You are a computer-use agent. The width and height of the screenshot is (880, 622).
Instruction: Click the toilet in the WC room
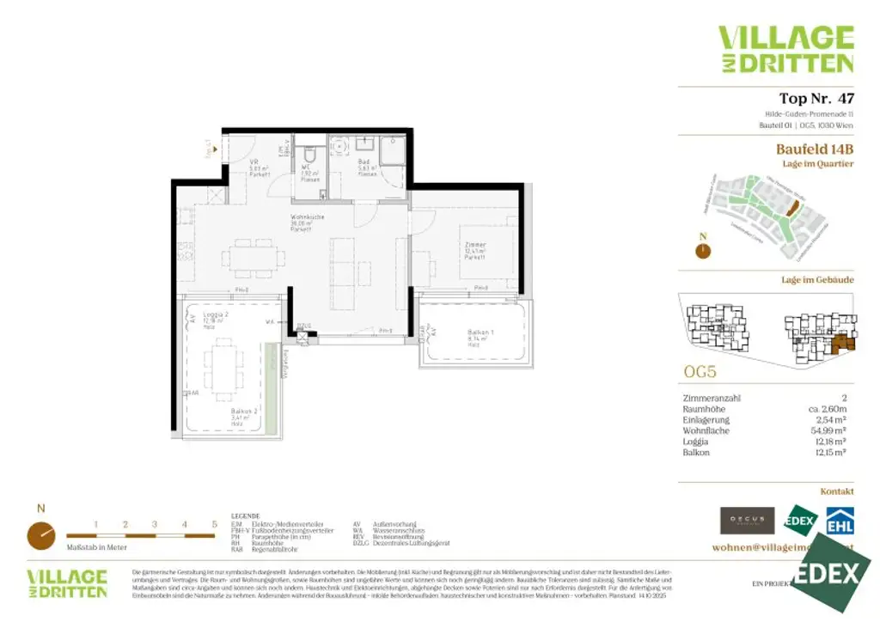[310, 155]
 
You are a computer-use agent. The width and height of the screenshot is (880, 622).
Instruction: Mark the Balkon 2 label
[242, 414]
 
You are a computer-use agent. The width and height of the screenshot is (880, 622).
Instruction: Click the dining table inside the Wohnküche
[253, 255]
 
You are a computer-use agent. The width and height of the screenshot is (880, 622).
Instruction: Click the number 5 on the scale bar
[213, 523]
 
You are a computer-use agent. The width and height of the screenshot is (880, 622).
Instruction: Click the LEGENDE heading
[246, 517]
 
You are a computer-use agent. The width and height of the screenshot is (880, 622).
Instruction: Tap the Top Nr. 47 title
[816, 98]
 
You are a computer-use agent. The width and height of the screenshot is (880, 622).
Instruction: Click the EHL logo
[839, 520]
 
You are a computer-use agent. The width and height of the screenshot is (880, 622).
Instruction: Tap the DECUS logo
[747, 520]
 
